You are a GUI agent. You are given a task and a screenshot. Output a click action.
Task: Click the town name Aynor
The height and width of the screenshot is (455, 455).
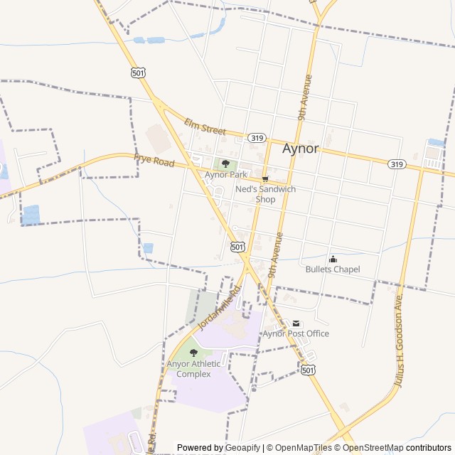[x=301, y=149]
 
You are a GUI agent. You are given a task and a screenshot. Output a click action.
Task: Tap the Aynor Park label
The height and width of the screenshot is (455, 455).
[x=225, y=174]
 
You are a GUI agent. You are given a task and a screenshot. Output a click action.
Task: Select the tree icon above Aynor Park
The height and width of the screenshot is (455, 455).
[x=225, y=164]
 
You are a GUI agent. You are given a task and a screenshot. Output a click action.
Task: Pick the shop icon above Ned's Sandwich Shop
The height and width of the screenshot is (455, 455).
[x=265, y=178]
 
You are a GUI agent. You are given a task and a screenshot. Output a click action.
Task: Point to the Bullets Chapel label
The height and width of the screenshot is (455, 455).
[x=333, y=269]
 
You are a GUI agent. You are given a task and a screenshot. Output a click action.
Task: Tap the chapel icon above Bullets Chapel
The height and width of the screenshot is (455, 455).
[x=333, y=259]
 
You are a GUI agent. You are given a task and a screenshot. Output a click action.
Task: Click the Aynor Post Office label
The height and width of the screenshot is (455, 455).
[x=296, y=333]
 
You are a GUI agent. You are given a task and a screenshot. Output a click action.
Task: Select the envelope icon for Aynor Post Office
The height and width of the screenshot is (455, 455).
[x=296, y=323]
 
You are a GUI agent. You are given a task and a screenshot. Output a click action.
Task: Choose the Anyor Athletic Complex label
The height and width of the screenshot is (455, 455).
[x=193, y=369]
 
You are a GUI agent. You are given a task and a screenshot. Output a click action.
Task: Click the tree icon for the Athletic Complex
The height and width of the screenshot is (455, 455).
[x=193, y=353]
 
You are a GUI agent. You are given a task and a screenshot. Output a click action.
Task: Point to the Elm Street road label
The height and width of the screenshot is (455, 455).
[x=205, y=127]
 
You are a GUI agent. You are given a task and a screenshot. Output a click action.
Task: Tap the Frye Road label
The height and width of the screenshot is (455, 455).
[x=154, y=162]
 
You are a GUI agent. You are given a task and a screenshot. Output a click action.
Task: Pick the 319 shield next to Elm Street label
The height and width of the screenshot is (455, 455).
[x=257, y=138]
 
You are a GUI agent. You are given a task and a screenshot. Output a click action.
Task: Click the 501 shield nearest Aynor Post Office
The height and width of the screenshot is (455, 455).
[x=307, y=370]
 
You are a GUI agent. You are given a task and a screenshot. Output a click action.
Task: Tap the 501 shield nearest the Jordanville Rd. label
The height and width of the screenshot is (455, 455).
[x=238, y=247]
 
